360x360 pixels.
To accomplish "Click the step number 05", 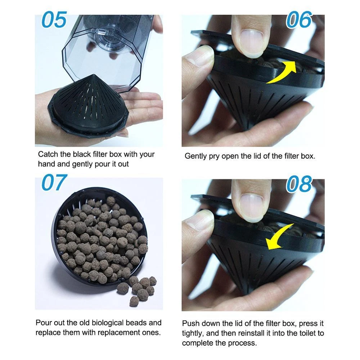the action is pos(54,20).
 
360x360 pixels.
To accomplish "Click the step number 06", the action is pos(299,20).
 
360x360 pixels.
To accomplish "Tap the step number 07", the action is pos(54,183).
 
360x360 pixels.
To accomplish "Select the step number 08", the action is pos(299,184).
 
